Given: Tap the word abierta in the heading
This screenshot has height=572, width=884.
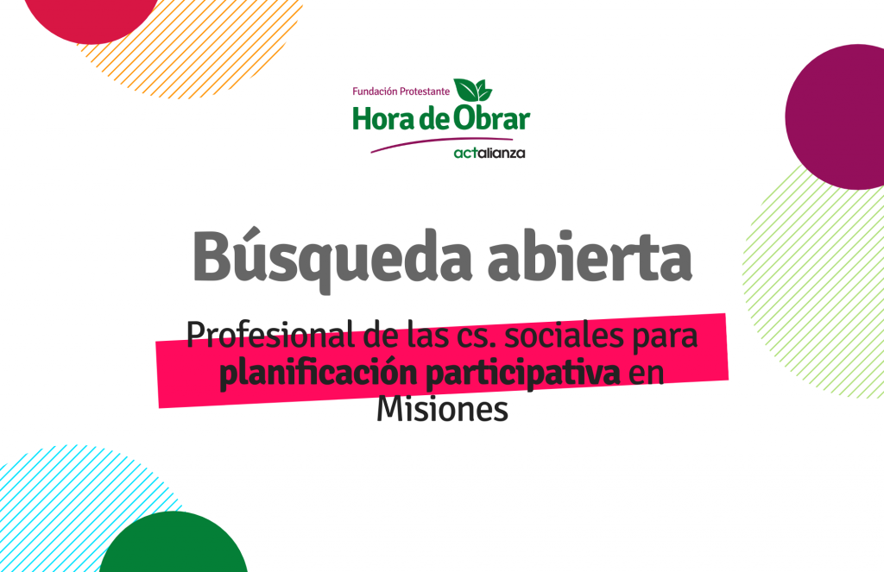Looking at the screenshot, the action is coord(590,255).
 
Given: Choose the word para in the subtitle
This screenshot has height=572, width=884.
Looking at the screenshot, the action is coord(666,338).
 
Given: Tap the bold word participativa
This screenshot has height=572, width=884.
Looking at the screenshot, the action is coord(523,374).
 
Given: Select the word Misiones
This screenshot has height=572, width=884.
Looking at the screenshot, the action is coord(442,409).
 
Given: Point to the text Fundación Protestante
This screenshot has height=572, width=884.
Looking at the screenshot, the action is coord(401,91).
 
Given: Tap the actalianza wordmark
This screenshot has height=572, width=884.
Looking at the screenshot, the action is coord(489,153).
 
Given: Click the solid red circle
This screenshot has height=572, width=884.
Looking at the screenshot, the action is coord(92,17).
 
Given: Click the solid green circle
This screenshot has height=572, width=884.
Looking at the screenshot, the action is coord(173,544).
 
